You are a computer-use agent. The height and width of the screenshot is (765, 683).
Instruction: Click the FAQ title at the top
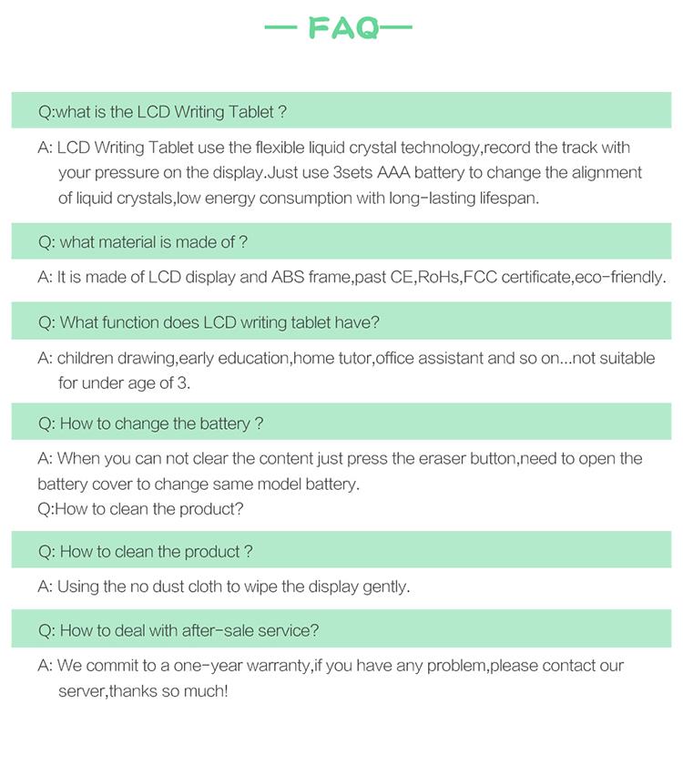pos(342,28)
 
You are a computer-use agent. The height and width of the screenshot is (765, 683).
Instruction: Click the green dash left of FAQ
pos(284,28)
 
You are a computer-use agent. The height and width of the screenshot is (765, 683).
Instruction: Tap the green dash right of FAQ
pos(396,28)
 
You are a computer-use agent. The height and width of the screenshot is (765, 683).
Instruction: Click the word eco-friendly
pos(619,277)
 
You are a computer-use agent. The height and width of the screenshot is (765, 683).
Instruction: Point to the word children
pos(87,358)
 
